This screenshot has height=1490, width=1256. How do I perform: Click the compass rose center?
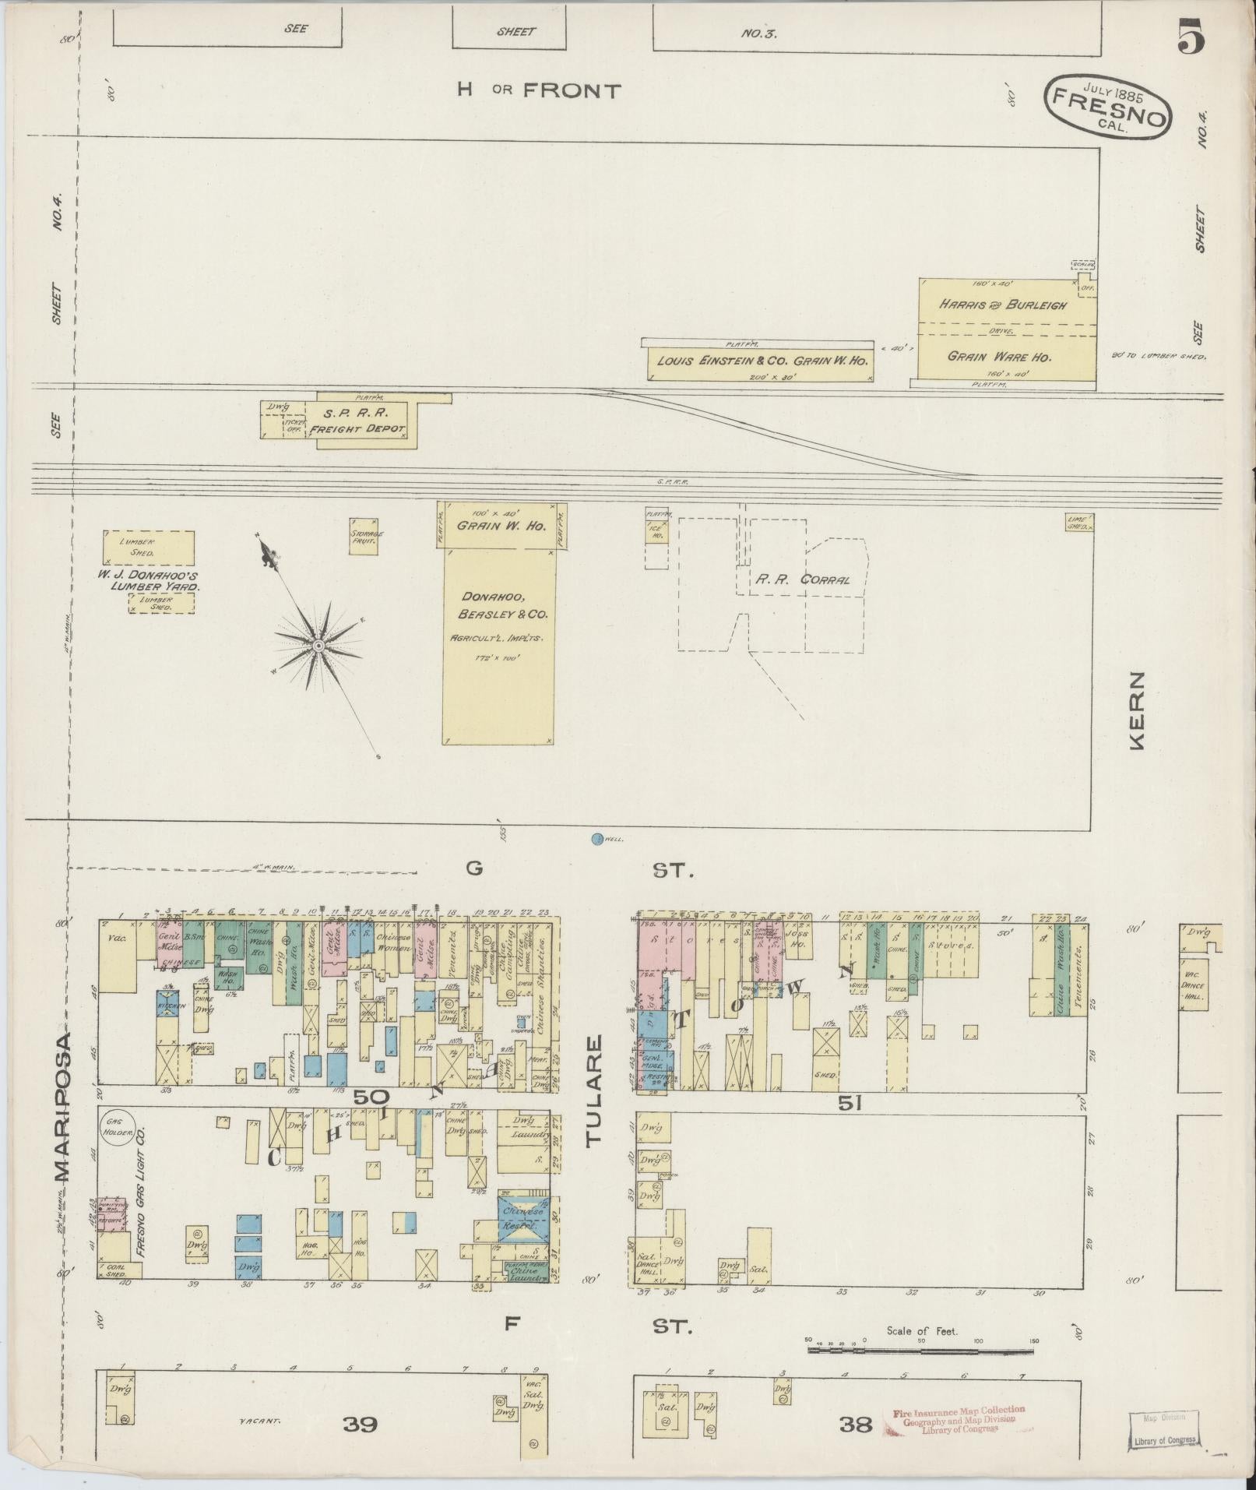(318, 646)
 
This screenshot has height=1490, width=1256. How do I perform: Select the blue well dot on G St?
(597, 839)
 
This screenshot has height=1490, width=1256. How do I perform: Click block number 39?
(360, 1425)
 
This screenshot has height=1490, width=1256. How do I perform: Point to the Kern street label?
(1138, 710)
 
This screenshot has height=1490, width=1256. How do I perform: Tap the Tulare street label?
(594, 1090)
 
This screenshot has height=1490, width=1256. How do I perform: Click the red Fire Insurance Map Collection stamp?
(959, 1420)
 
